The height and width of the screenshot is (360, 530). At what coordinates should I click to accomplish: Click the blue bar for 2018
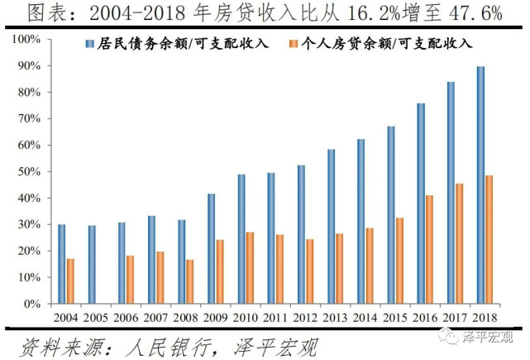pos(480,185)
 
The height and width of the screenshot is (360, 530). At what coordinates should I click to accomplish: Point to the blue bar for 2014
pos(361,222)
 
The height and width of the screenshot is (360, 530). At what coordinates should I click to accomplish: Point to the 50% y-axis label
pos(28,171)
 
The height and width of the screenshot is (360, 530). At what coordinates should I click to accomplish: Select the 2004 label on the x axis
pos(67,317)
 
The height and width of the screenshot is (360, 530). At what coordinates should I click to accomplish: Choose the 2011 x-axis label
pos(277,317)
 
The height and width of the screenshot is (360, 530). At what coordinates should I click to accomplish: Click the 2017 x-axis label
pos(456,317)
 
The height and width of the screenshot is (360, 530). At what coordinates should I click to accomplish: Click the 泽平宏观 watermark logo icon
pos(447,335)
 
